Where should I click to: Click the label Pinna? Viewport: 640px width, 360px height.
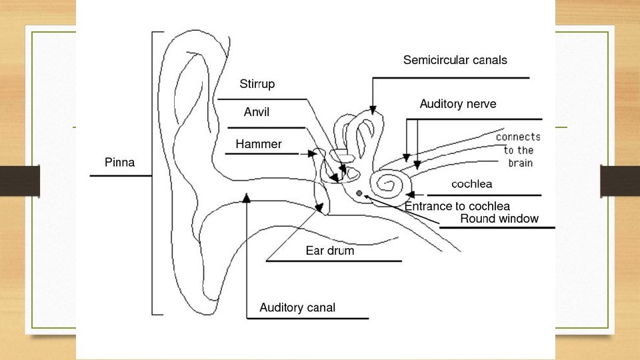[119, 162]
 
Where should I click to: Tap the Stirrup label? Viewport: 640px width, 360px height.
[257, 85]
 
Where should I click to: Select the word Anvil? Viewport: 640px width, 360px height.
[256, 113]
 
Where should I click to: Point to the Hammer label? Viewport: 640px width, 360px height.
[258, 144]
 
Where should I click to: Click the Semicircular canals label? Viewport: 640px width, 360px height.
[455, 60]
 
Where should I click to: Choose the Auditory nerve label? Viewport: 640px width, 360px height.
[457, 104]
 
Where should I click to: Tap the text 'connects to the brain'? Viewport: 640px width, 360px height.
[518, 150]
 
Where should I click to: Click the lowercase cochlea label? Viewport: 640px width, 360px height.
[472, 183]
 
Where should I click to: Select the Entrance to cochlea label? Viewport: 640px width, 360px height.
[457, 206]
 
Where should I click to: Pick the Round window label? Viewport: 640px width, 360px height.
[499, 219]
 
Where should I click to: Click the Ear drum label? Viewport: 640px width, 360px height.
[329, 251]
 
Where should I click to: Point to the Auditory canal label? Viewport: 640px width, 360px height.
[297, 308]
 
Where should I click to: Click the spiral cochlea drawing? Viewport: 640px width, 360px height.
[390, 186]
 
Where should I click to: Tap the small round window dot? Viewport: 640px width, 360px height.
[359, 193]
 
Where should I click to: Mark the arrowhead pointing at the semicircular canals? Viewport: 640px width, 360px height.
[373, 109]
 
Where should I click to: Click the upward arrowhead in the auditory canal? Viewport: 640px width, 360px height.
[247, 196]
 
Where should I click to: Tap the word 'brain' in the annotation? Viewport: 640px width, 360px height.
[520, 163]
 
